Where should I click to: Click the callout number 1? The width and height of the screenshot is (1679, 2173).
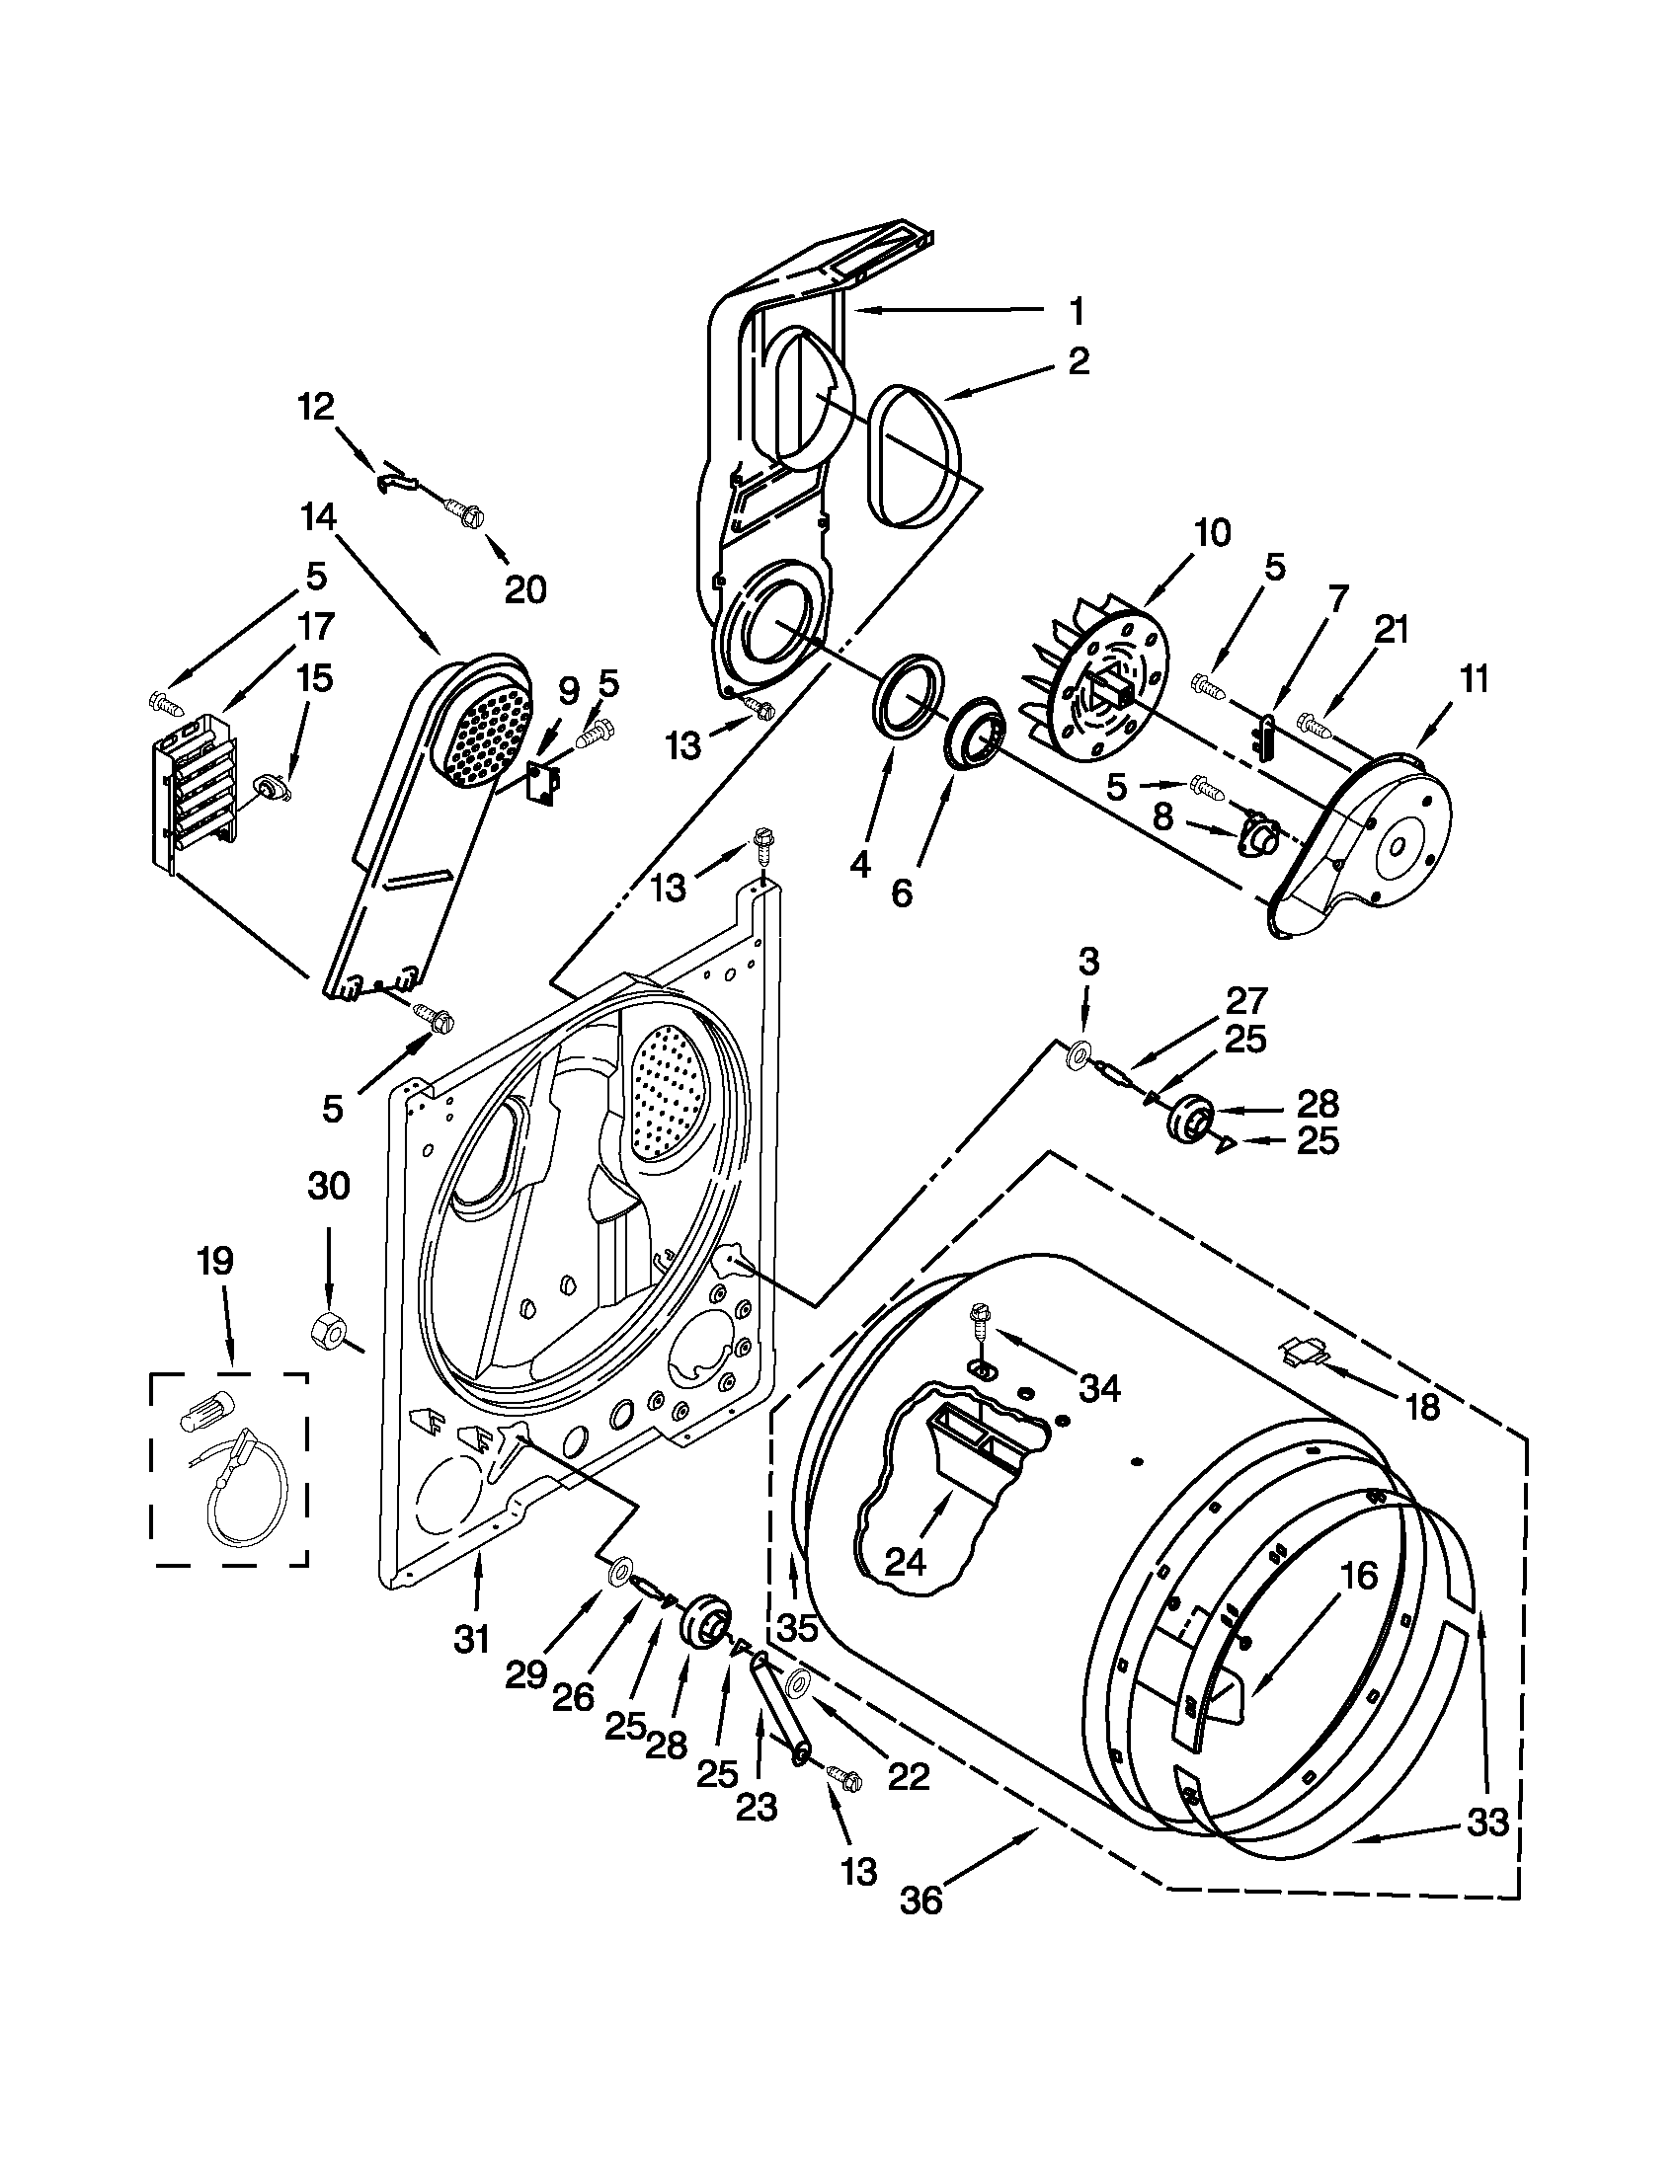(1076, 310)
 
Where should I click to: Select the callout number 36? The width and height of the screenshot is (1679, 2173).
(920, 1901)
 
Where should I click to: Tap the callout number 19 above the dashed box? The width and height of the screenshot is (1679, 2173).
(215, 1261)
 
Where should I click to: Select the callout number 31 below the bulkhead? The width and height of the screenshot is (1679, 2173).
(472, 1638)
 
